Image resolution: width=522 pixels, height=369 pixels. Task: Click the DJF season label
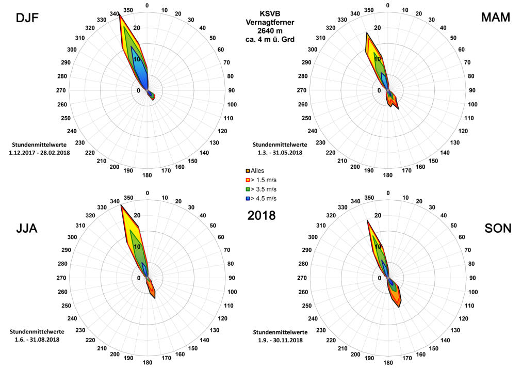tap(28, 19)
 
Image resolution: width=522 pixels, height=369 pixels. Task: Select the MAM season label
tap(495, 18)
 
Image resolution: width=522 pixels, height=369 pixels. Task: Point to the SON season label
tap(498, 228)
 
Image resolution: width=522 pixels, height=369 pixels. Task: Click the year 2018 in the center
tap(262, 215)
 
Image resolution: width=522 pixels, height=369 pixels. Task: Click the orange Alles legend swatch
tap(248, 170)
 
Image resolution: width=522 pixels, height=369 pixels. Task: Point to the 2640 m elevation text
tap(269, 31)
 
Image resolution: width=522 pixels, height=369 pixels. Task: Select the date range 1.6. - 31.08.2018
tap(34, 340)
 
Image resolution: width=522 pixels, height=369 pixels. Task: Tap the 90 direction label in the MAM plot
tap(471, 91)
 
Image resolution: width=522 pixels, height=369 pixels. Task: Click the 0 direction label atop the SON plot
tap(388, 193)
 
